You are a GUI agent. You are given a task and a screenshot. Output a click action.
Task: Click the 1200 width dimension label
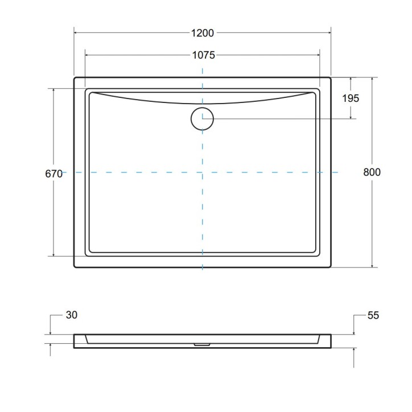pyautogui.click(x=202, y=33)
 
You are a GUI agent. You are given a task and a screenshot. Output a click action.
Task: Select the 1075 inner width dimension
pyautogui.click(x=202, y=55)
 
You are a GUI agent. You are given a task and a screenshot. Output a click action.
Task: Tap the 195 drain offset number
pyautogui.click(x=351, y=98)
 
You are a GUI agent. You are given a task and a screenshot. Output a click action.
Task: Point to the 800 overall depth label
pyautogui.click(x=372, y=172)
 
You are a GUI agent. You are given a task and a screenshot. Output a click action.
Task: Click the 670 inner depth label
pyautogui.click(x=53, y=174)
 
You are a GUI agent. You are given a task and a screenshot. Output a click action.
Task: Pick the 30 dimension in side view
pyautogui.click(x=71, y=315)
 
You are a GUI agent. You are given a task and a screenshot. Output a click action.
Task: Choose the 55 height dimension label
pyautogui.click(x=373, y=315)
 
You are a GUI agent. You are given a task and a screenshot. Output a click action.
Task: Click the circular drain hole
pyautogui.click(x=202, y=118)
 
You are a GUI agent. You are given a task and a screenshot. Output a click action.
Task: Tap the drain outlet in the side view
pyautogui.click(x=202, y=344)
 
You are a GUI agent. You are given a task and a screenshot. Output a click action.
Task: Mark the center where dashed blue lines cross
pyautogui.click(x=202, y=172)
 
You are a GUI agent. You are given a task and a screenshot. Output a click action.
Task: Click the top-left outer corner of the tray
pyautogui.click(x=75, y=78)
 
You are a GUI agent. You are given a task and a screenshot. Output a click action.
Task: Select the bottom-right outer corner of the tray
pyautogui.click(x=331, y=267)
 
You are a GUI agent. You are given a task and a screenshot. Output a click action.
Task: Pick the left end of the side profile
pyautogui.click(x=75, y=341)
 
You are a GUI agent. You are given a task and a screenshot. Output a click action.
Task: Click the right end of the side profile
pyautogui.click(x=331, y=341)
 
